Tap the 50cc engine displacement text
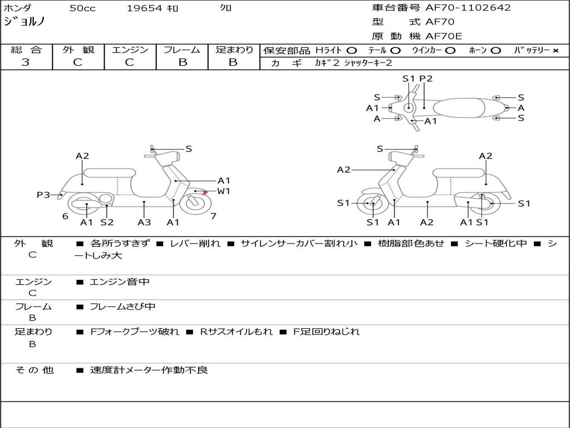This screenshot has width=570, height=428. pyautogui.click(x=82, y=8)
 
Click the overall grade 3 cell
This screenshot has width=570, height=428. pyautogui.click(x=26, y=62)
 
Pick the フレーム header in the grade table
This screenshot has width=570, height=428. pyautogui.click(x=182, y=50)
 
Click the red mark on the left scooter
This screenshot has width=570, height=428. pyautogui.click(x=205, y=192)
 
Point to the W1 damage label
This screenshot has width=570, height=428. pyautogui.click(x=223, y=192)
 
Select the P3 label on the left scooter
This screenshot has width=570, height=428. pyautogui.click(x=43, y=194)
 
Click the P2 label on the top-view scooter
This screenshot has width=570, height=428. pyautogui.click(x=426, y=79)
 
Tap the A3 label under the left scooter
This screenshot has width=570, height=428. pyautogui.click(x=144, y=222)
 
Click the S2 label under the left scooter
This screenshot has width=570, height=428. pyautogui.click(x=107, y=222)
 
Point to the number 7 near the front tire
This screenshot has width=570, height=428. pyautogui.click(x=213, y=216)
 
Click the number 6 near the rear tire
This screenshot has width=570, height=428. pyautogui.click(x=65, y=216)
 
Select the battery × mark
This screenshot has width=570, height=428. pyautogui.click(x=555, y=50)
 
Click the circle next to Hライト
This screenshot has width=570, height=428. pyautogui.click(x=352, y=50)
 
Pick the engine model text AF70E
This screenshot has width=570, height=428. pyautogui.click(x=444, y=36)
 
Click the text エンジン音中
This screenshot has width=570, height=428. pyautogui.click(x=120, y=282)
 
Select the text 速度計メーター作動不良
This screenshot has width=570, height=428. pyautogui.click(x=149, y=369)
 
